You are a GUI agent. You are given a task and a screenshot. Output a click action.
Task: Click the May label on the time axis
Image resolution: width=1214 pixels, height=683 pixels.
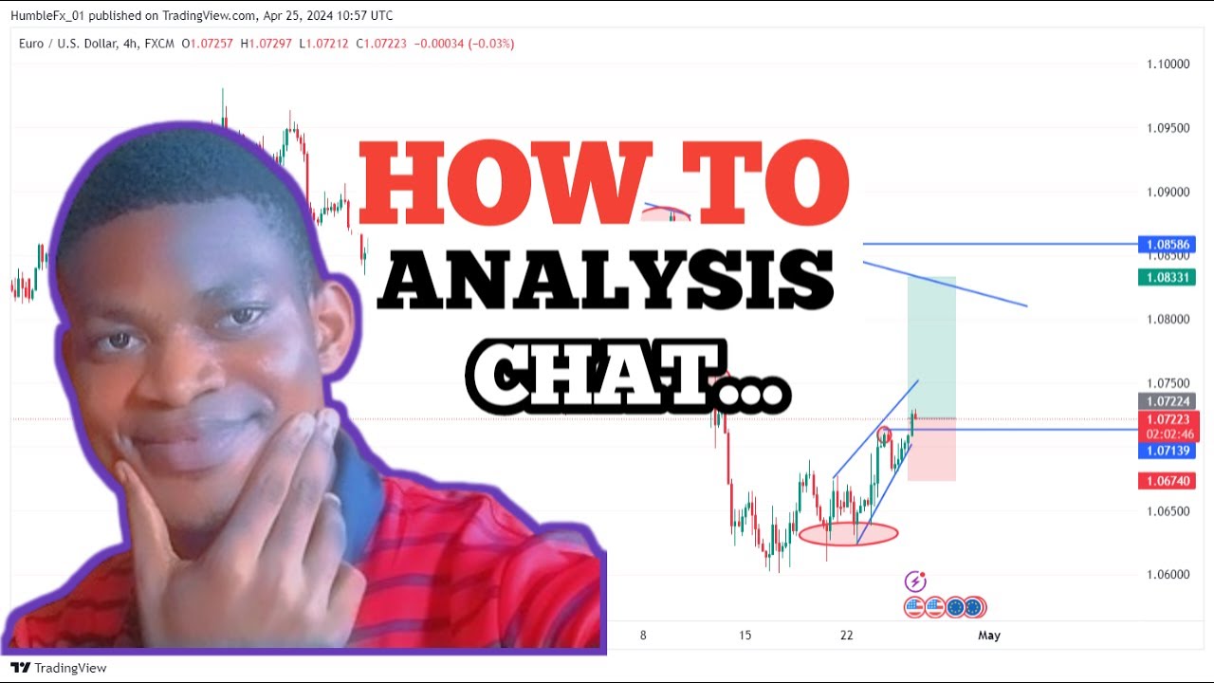(989, 636)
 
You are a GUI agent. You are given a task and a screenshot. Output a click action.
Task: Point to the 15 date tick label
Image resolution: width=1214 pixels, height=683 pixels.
(745, 636)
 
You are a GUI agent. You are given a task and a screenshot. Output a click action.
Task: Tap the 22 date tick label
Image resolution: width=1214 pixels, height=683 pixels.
(847, 636)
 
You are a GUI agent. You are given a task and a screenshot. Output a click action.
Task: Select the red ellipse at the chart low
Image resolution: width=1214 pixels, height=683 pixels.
(848, 534)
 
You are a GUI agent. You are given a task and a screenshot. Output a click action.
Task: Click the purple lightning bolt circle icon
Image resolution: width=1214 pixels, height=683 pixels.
(915, 581)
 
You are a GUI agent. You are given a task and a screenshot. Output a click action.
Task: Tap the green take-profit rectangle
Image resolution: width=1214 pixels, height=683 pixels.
(931, 346)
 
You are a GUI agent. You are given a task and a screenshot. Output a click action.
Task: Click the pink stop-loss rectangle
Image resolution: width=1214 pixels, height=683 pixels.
(931, 451)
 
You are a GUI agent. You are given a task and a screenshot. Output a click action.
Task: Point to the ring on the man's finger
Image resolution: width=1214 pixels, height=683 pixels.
(331, 500)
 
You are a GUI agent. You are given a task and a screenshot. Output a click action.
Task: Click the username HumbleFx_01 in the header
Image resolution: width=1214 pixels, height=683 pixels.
(47, 15)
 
